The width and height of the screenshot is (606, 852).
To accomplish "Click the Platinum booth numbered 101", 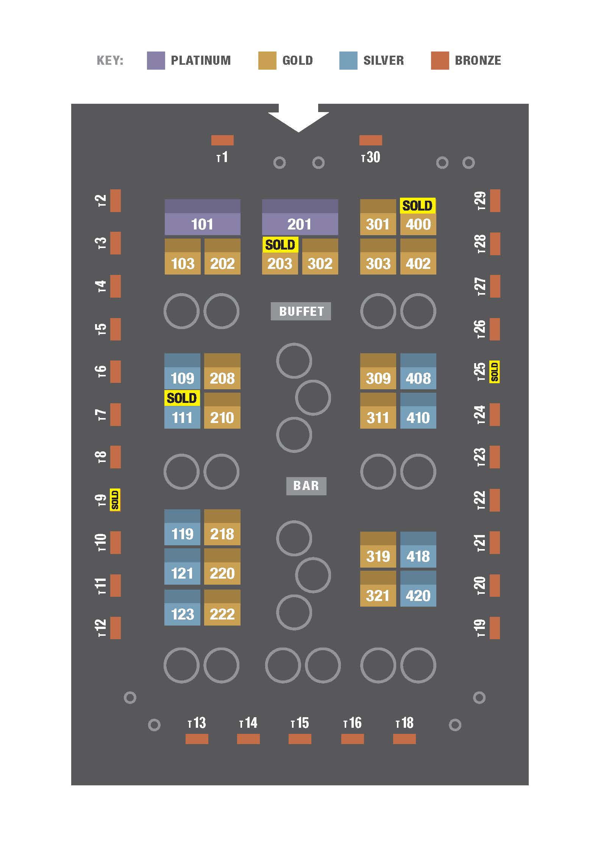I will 202,224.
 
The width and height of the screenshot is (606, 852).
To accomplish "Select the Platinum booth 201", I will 300,224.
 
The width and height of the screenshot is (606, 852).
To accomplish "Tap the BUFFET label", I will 301,311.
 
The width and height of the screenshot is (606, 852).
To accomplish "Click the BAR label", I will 306,485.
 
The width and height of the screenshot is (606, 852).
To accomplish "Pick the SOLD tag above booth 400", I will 417,206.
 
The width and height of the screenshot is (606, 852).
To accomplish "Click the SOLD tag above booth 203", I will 280,245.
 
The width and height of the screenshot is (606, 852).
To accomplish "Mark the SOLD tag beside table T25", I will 494,372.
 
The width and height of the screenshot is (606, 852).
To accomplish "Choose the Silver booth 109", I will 182,378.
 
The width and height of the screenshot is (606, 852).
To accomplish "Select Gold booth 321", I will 378,596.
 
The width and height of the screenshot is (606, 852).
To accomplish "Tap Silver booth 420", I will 418,596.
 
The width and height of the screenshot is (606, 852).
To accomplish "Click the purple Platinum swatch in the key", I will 156,61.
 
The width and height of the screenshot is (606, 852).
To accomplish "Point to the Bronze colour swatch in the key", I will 440,61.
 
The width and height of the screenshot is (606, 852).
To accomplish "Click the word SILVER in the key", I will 383,61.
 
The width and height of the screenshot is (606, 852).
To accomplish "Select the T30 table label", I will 370,157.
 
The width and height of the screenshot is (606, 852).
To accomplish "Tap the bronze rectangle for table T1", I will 222,140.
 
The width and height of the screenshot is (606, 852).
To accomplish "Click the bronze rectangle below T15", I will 300,739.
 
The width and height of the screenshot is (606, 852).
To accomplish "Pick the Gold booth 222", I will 222,614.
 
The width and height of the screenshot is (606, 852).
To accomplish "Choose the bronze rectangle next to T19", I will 495,628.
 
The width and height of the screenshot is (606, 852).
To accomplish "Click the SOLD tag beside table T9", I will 115,500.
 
